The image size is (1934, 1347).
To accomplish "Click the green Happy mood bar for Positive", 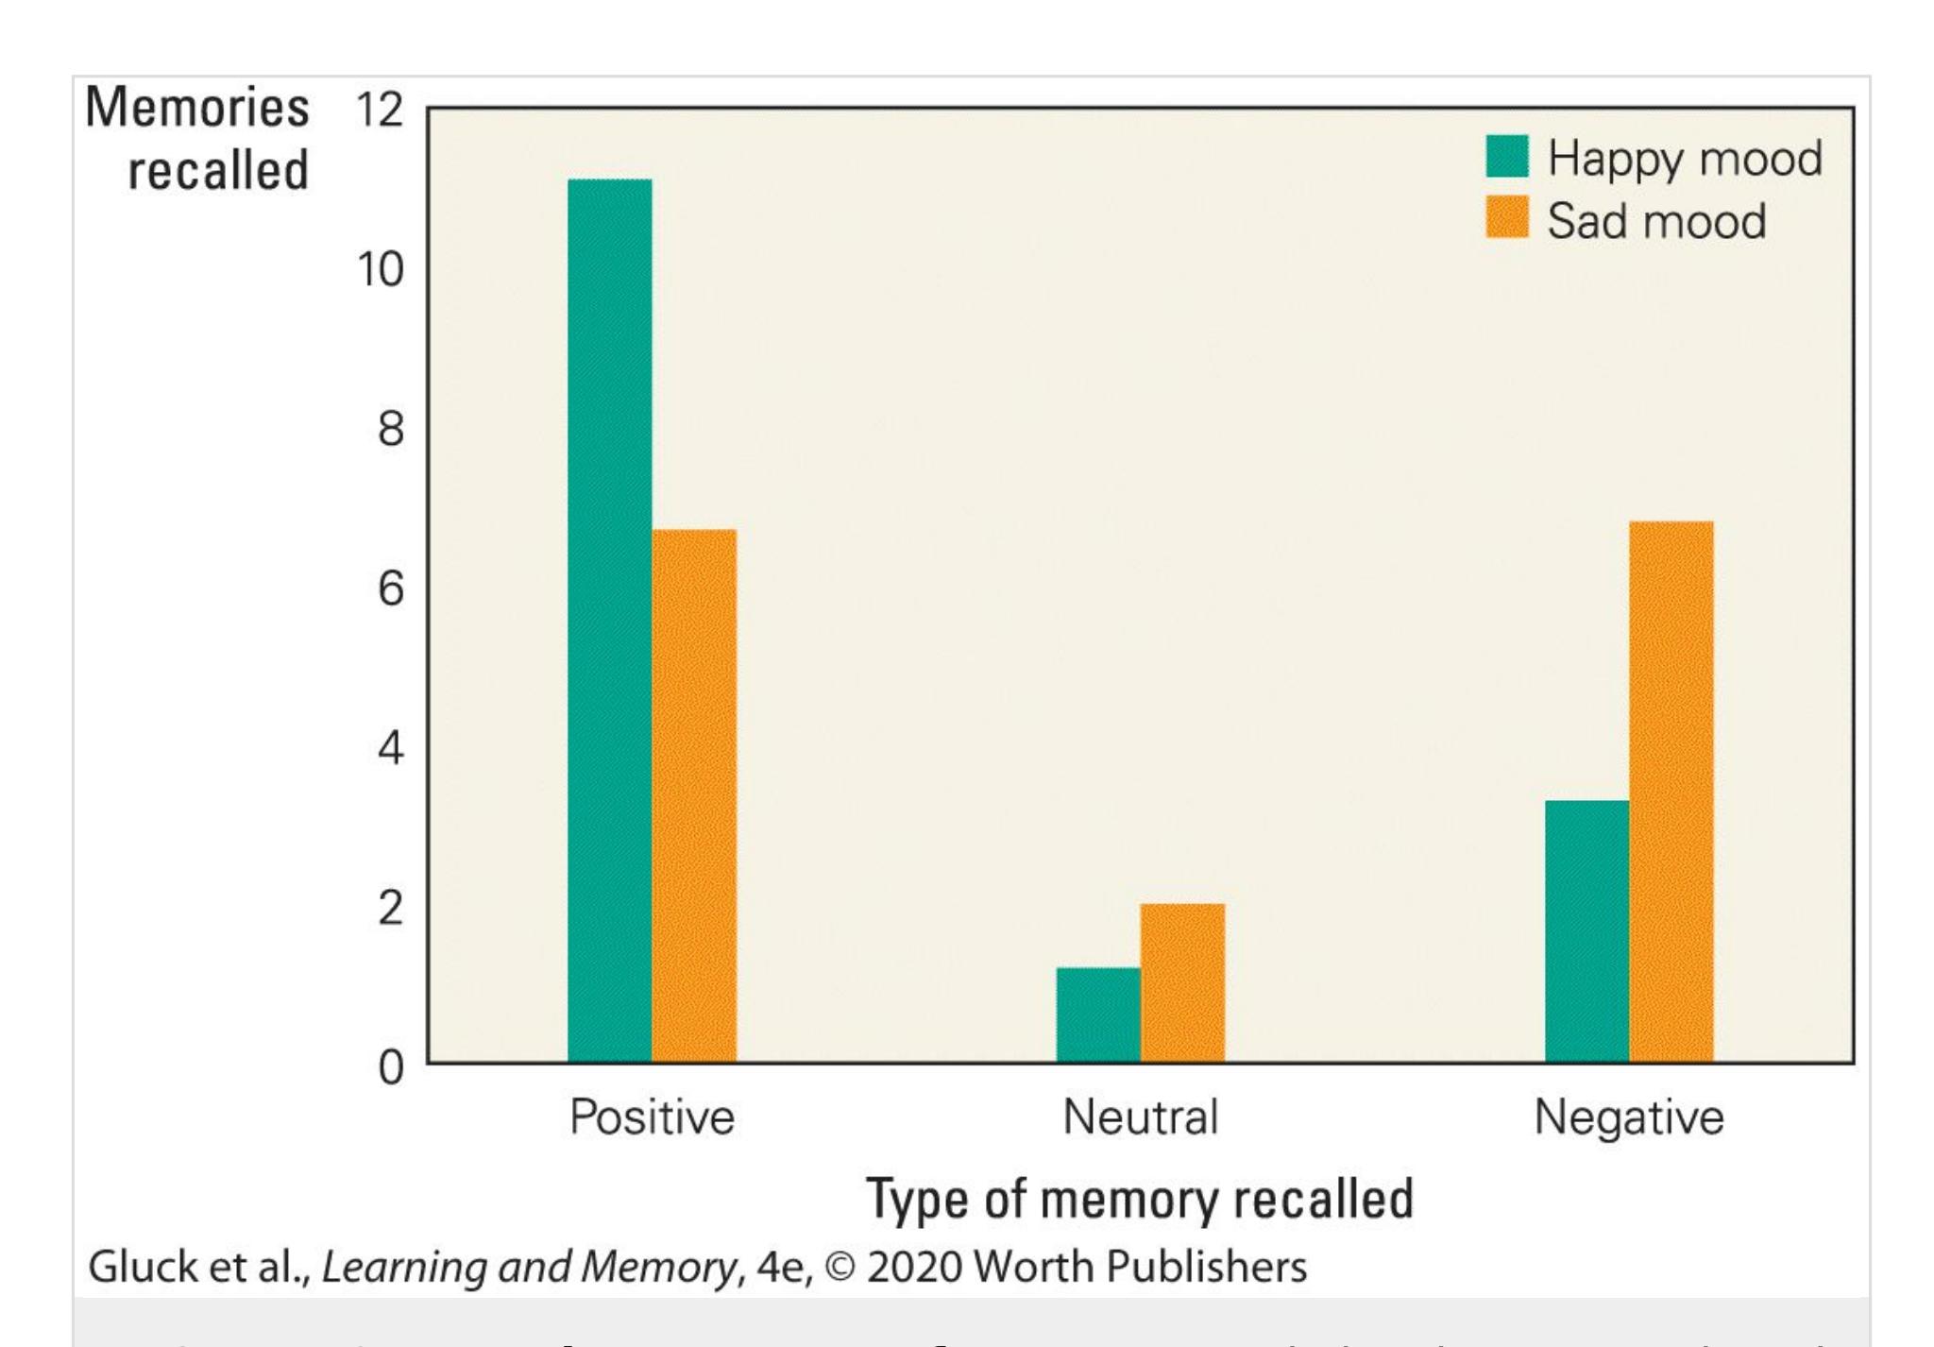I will (x=609, y=620).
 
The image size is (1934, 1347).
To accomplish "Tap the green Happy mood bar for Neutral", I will (x=1097, y=1015).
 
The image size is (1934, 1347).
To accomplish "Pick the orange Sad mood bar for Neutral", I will (x=1182, y=982).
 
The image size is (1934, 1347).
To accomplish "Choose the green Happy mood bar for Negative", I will (x=1586, y=930).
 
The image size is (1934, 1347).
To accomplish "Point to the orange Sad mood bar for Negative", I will (x=1671, y=792).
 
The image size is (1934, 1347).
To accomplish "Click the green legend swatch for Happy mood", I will (x=1506, y=157).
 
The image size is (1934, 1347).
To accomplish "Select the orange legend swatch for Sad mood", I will (x=1506, y=218).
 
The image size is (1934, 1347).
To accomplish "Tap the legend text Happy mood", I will (x=1685, y=158).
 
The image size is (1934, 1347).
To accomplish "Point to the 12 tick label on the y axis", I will (x=380, y=110).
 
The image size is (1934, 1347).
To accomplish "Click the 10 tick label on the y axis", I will (x=380, y=270).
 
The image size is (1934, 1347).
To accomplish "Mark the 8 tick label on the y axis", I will (x=390, y=430).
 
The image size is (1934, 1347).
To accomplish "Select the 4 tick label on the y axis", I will (x=390, y=749).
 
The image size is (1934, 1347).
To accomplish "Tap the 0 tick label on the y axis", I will (x=390, y=1068).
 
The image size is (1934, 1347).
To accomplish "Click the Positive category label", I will (x=652, y=1117).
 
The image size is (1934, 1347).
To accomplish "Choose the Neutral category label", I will (x=1140, y=1117).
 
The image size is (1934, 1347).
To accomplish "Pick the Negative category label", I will (x=1628, y=1117).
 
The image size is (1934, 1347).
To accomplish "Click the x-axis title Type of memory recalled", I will (x=1140, y=1200).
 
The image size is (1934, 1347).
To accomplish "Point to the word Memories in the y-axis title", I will (x=197, y=107).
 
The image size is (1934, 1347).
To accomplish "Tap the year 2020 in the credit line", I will (x=913, y=1267).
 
